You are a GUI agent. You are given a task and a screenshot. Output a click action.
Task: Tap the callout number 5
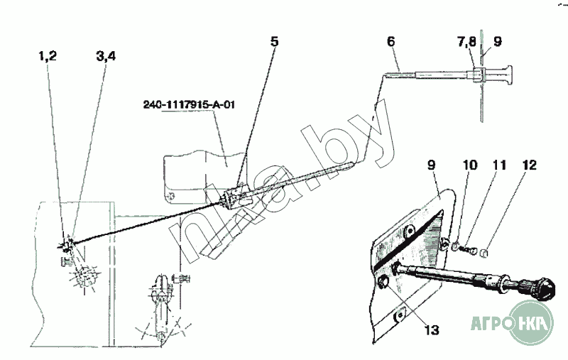[x=274, y=40]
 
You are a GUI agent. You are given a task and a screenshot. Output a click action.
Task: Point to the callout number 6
[x=391, y=42]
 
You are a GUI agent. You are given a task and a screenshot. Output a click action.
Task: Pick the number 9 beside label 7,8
[x=497, y=42]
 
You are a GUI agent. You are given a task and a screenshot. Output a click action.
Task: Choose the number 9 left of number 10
[x=432, y=165]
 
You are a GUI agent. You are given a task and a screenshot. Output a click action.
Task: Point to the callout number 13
[x=431, y=329]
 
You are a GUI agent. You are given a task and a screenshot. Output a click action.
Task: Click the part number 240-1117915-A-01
[x=188, y=106]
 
